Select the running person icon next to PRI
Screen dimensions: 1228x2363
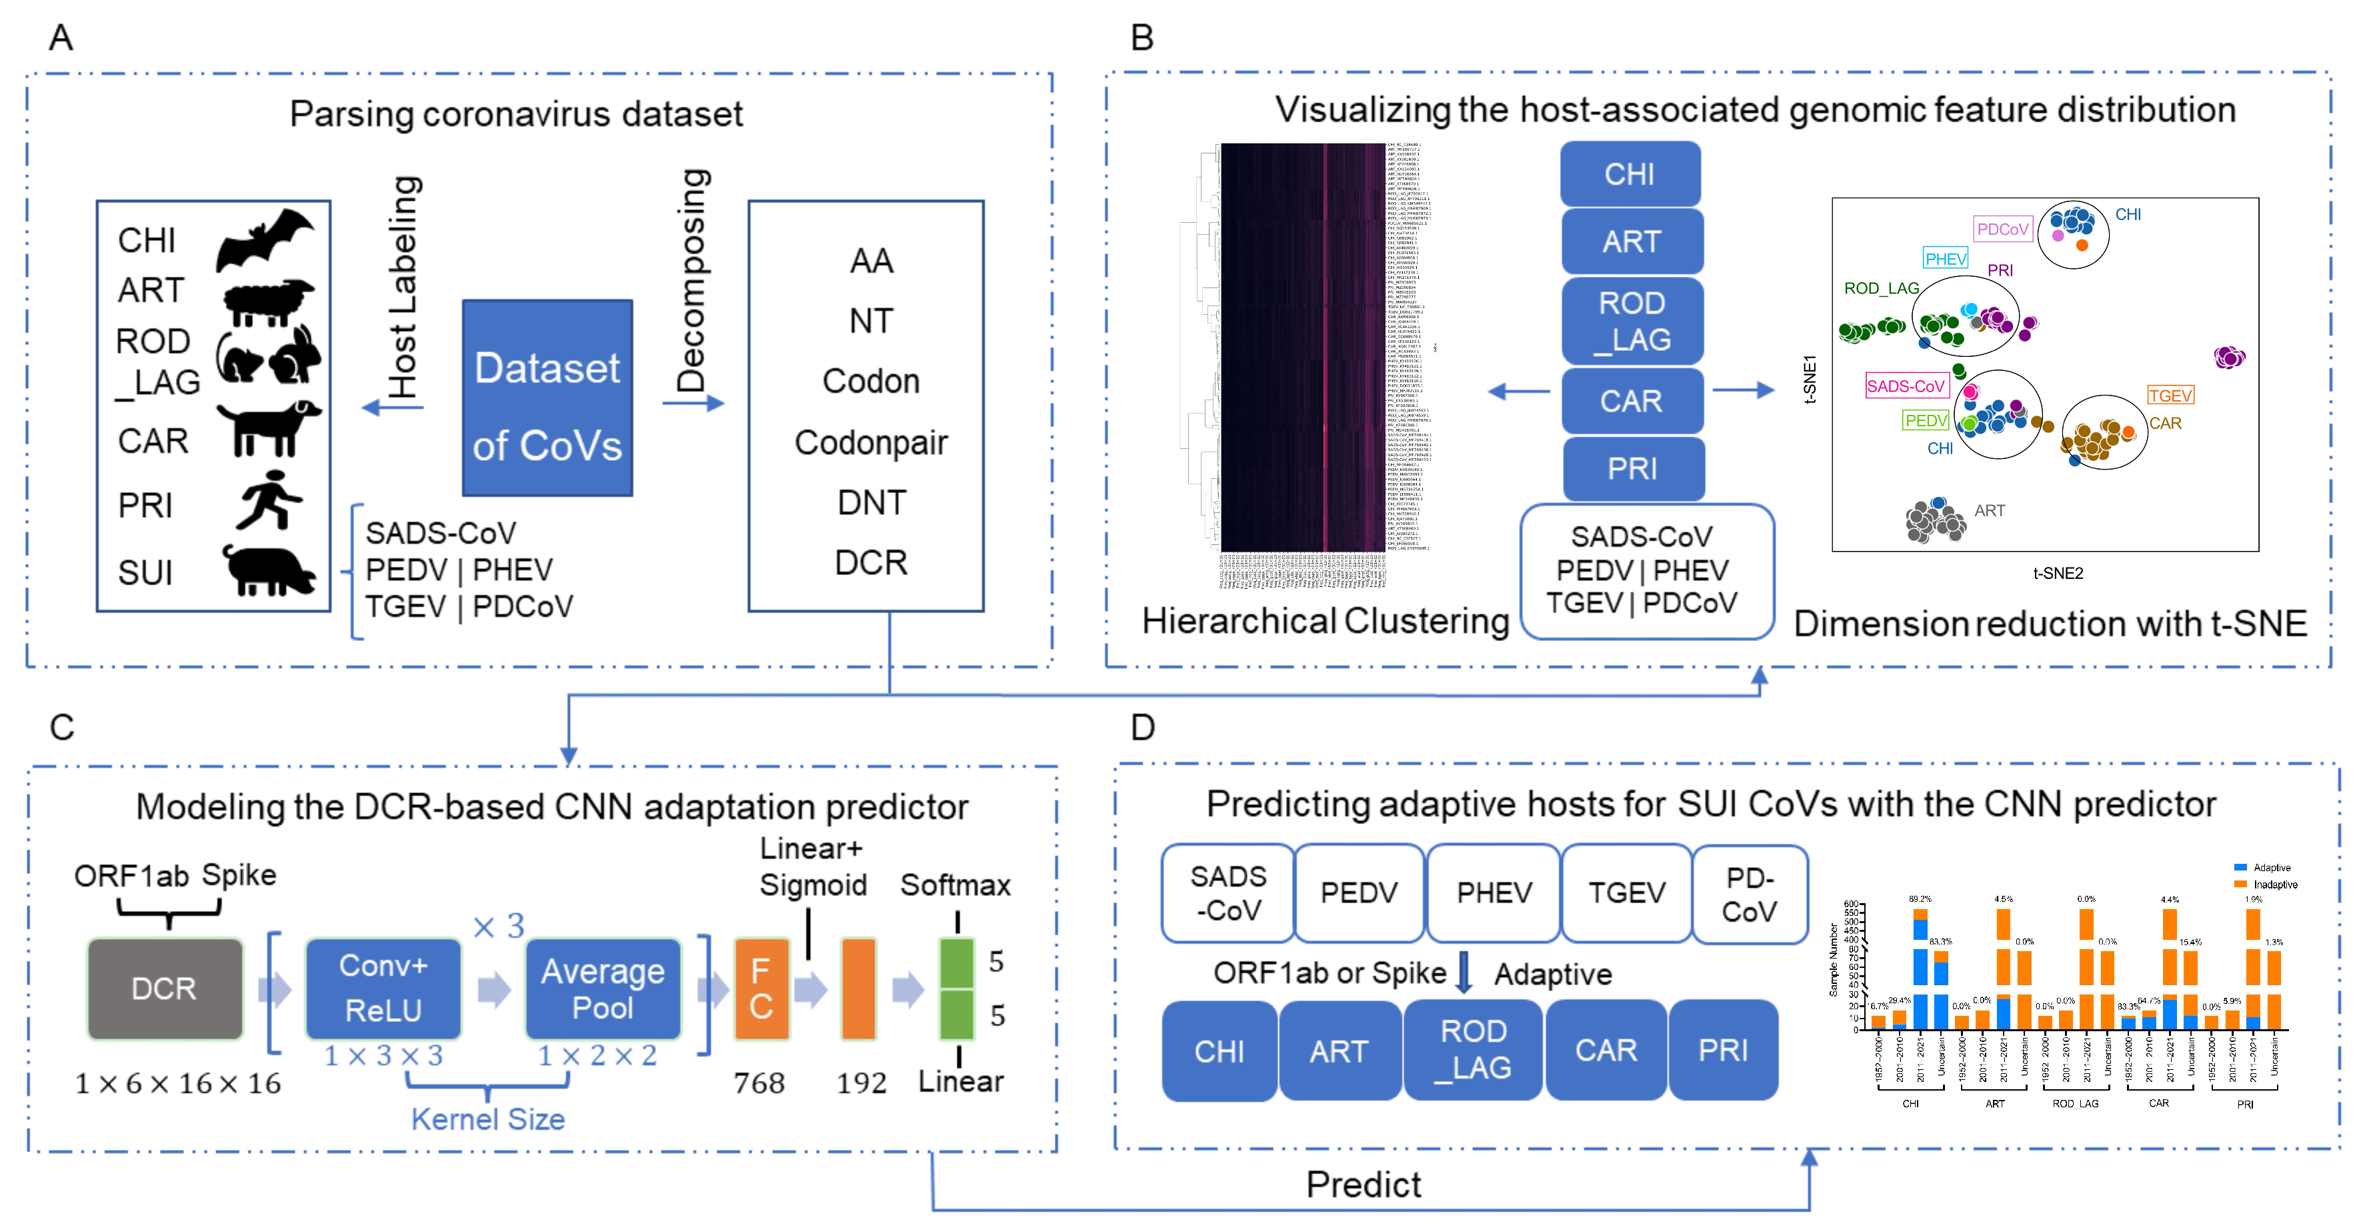click(x=268, y=500)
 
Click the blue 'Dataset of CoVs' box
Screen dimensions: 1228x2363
click(x=547, y=398)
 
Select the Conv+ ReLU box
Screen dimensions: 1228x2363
click(x=383, y=989)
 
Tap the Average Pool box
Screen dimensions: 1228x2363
click(x=603, y=989)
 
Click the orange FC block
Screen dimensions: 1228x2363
click(x=761, y=989)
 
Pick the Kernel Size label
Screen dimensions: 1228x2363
click(x=487, y=1119)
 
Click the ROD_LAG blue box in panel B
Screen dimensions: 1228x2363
click(x=1632, y=322)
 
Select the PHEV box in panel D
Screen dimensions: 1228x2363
click(x=1494, y=893)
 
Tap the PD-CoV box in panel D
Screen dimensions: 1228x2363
click(x=1750, y=894)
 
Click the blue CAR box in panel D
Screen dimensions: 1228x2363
click(x=1606, y=1050)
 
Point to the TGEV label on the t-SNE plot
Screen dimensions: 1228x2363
click(x=2170, y=396)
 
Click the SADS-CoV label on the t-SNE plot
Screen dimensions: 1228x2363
click(x=1905, y=386)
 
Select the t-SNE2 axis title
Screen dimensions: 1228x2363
click(x=2058, y=574)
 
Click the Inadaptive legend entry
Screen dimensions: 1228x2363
click(x=2274, y=884)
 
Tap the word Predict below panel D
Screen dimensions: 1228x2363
click(x=1363, y=1185)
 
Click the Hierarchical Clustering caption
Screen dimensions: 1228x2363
click(x=1325, y=622)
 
